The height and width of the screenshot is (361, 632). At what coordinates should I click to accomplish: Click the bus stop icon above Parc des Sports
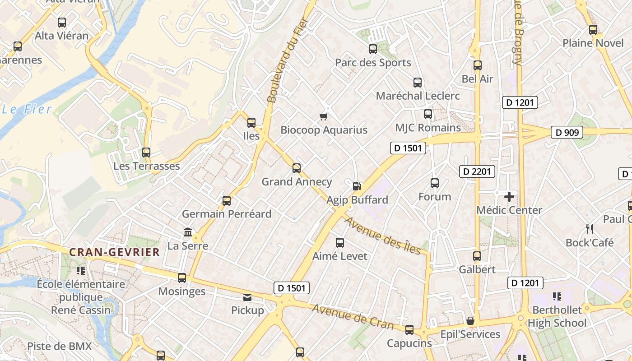click(373, 49)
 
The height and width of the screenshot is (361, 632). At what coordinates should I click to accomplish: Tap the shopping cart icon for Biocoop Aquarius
click(323, 117)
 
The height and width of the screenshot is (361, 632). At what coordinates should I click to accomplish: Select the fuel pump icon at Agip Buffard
click(357, 186)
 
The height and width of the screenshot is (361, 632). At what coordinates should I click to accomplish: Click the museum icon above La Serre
click(188, 232)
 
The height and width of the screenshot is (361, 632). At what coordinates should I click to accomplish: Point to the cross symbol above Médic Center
click(509, 197)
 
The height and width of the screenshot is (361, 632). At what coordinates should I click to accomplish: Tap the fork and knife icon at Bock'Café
click(589, 229)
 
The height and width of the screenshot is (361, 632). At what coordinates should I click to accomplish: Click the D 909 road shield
click(567, 133)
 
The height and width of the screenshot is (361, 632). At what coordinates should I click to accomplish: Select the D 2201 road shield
click(477, 171)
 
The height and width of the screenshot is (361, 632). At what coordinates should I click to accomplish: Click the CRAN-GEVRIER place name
click(115, 252)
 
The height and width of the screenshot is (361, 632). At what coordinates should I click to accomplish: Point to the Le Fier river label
click(27, 109)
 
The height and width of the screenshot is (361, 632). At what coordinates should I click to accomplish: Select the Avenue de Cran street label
click(352, 316)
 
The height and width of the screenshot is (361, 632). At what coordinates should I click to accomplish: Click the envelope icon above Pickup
click(247, 297)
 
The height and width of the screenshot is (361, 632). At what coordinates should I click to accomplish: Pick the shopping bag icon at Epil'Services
click(470, 321)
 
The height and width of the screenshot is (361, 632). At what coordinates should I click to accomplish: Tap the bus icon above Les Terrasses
click(146, 153)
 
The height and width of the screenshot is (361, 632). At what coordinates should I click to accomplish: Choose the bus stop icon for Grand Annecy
click(297, 168)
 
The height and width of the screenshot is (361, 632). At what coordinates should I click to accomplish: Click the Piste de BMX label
click(59, 347)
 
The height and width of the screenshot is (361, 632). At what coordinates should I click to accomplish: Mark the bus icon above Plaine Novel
click(593, 30)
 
